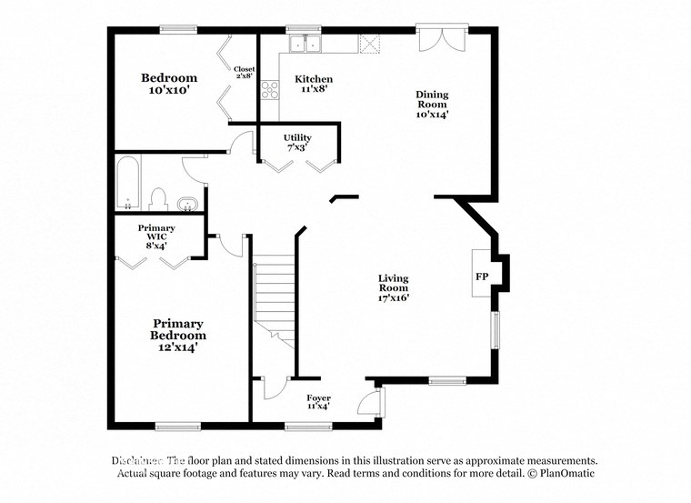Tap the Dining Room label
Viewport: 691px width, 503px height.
432,105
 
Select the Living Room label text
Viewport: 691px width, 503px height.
394,287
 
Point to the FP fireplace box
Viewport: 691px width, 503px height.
481,276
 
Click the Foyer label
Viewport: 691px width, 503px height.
318,402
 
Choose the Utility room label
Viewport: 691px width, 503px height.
297,142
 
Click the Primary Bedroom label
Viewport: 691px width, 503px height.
178,335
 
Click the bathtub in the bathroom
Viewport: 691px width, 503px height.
127,183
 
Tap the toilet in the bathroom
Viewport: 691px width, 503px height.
158,198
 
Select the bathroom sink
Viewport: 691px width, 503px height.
189,202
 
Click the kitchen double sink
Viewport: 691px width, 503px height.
305,42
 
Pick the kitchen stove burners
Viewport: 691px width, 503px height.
270,89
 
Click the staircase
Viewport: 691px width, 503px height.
275,300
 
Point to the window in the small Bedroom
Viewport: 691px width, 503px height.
178,29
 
